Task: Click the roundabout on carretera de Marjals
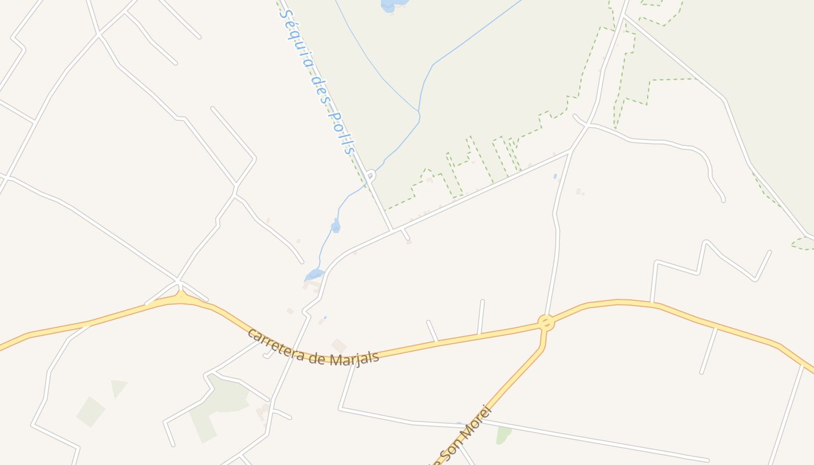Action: pyautogui.click(x=545, y=323)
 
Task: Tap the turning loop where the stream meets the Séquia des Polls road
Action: pyautogui.click(x=370, y=174)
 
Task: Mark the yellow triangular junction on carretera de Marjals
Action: pyautogui.click(x=181, y=298)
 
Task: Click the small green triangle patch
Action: pyautogui.click(x=118, y=387)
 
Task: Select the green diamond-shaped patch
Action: pyautogui.click(x=91, y=412)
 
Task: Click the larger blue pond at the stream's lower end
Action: pyautogui.click(x=314, y=274)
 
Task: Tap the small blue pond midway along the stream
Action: pyautogui.click(x=335, y=226)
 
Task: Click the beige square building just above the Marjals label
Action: pyautogui.click(x=339, y=345)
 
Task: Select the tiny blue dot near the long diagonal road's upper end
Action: pyautogui.click(x=555, y=176)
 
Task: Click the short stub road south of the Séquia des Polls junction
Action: pyautogui.click(x=406, y=234)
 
